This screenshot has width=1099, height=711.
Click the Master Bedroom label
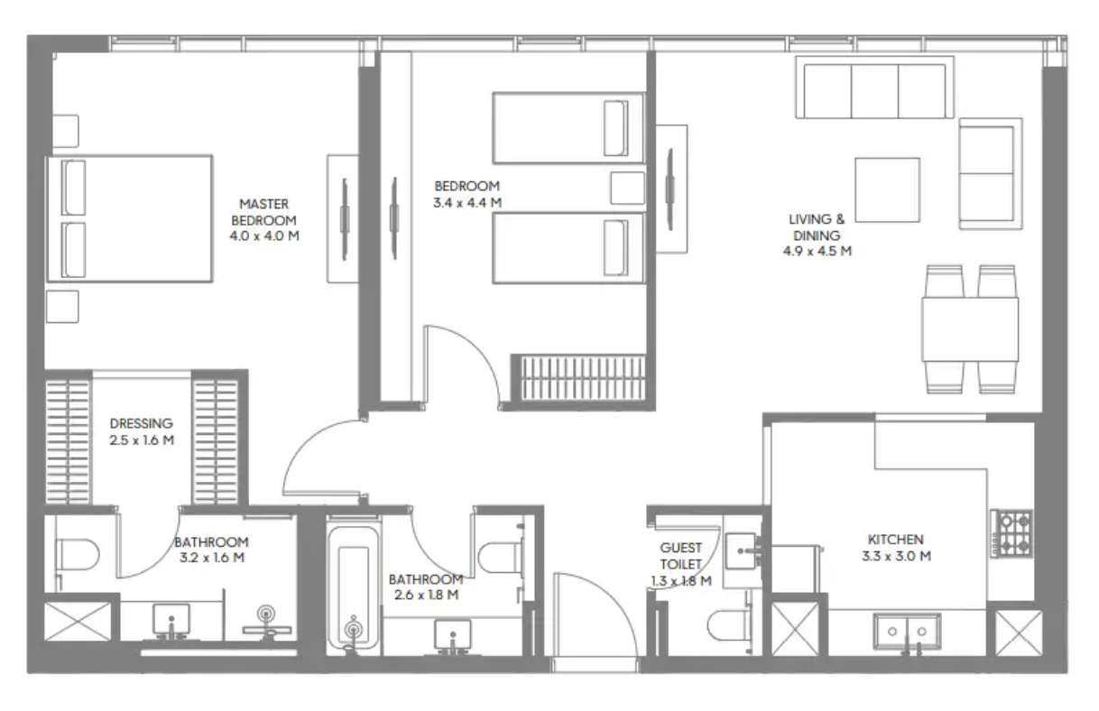[264, 212]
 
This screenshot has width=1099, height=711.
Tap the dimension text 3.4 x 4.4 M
[467, 203]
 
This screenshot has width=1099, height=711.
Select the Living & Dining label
[817, 227]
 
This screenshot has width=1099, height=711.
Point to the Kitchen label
[896, 540]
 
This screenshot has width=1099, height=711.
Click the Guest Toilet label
[680, 556]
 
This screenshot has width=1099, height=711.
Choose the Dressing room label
[142, 423]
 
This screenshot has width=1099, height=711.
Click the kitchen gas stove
[1011, 534]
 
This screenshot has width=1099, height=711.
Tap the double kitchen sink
[907, 631]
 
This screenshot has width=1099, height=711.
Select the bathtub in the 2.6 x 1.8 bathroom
[354, 586]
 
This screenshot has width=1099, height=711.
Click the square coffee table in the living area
[887, 189]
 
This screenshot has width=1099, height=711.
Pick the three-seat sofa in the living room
[874, 88]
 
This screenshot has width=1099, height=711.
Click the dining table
[970, 329]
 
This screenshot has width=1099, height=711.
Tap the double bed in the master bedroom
[130, 219]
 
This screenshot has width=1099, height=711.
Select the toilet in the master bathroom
[78, 555]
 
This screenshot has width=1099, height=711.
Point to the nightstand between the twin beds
[627, 188]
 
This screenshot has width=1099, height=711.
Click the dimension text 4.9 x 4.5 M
[817, 251]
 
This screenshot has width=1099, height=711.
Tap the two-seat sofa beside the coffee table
[991, 174]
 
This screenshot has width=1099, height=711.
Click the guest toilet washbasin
[742, 551]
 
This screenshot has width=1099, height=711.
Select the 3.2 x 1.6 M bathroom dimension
[212, 558]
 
